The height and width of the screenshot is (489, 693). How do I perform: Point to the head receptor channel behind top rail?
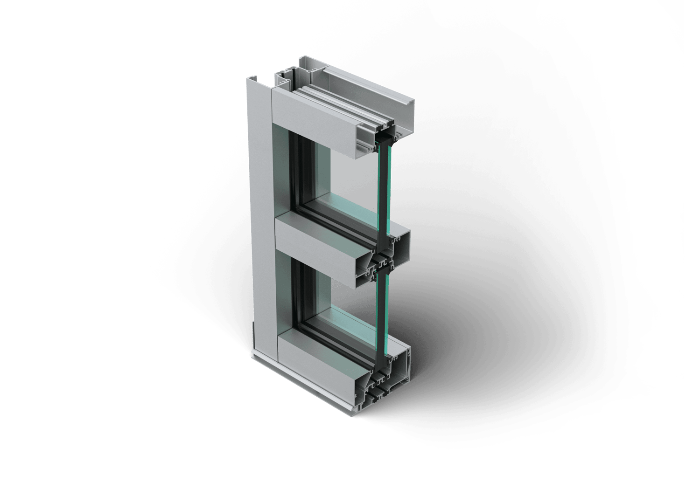pos(369,86)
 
